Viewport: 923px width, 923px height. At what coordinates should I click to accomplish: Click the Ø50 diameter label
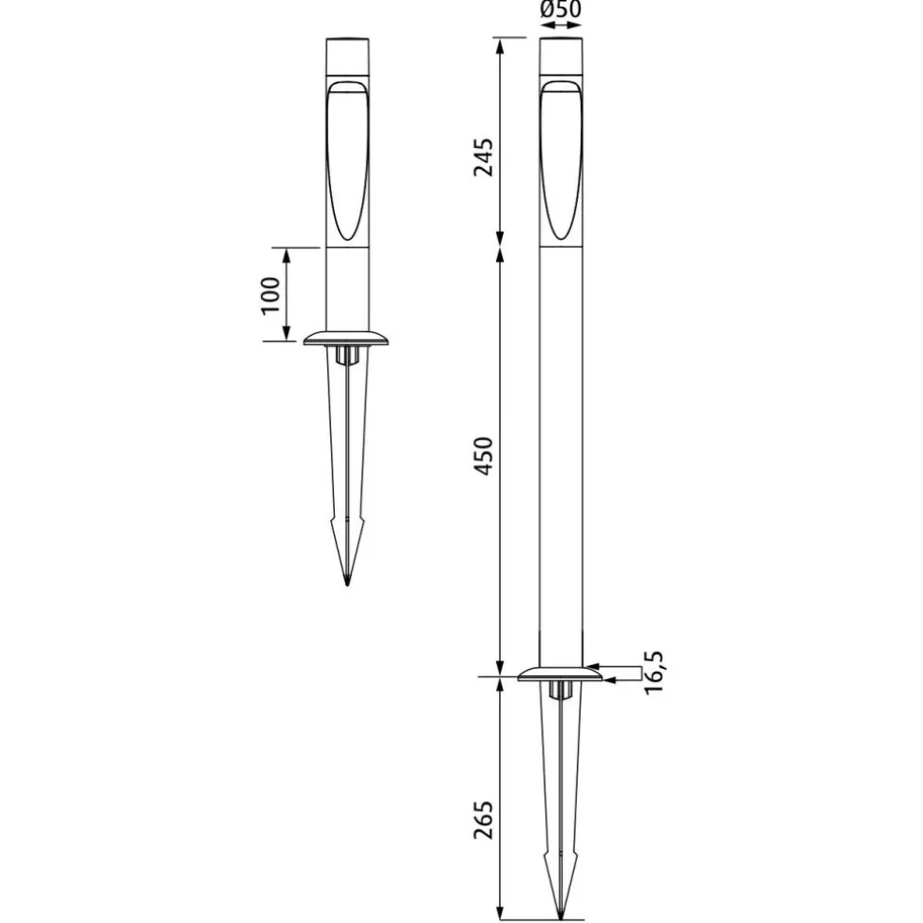pyautogui.click(x=560, y=9)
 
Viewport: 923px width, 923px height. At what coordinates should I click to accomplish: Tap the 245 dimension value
pyautogui.click(x=484, y=158)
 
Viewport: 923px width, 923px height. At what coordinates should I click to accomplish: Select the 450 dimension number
pyautogui.click(x=484, y=456)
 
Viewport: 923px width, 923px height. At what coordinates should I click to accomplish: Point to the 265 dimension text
pyautogui.click(x=484, y=820)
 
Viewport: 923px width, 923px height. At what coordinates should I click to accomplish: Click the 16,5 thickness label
pyautogui.click(x=654, y=673)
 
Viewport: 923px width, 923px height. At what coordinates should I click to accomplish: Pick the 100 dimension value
pyautogui.click(x=271, y=295)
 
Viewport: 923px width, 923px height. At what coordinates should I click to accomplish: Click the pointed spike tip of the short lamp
pyautogui.click(x=347, y=584)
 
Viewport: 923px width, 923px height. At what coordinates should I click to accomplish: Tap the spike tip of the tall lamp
pyautogui.click(x=561, y=917)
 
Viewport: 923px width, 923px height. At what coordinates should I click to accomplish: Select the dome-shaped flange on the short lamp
pyautogui.click(x=347, y=338)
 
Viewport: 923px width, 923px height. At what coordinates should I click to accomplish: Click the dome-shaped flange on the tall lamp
pyautogui.click(x=560, y=674)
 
